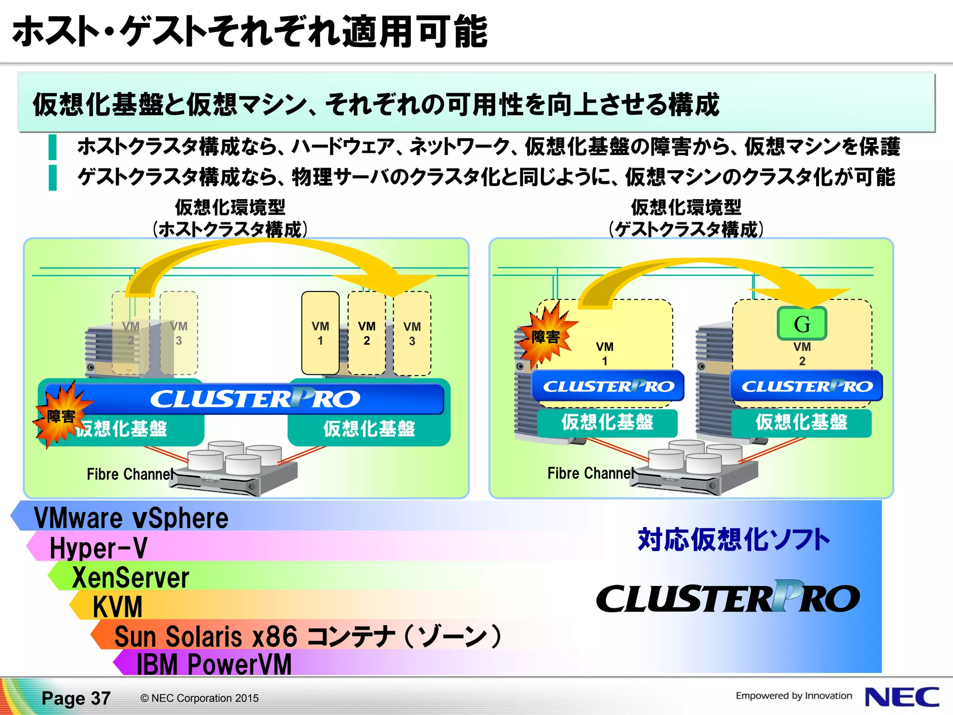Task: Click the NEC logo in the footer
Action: click(901, 697)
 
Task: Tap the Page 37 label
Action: click(76, 698)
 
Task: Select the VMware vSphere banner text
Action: click(131, 518)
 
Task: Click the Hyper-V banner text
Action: click(98, 548)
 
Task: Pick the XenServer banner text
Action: click(130, 578)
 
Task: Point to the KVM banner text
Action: click(117, 607)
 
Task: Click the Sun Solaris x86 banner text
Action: click(307, 636)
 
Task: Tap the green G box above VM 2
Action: click(802, 324)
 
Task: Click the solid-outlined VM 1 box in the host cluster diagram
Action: click(320, 333)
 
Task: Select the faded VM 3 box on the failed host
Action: click(179, 333)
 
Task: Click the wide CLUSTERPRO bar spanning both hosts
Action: click(255, 399)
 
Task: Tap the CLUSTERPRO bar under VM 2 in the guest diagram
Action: click(806, 386)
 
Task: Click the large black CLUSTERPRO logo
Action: click(728, 598)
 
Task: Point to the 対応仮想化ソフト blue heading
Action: click(733, 540)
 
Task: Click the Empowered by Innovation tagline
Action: click(793, 695)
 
